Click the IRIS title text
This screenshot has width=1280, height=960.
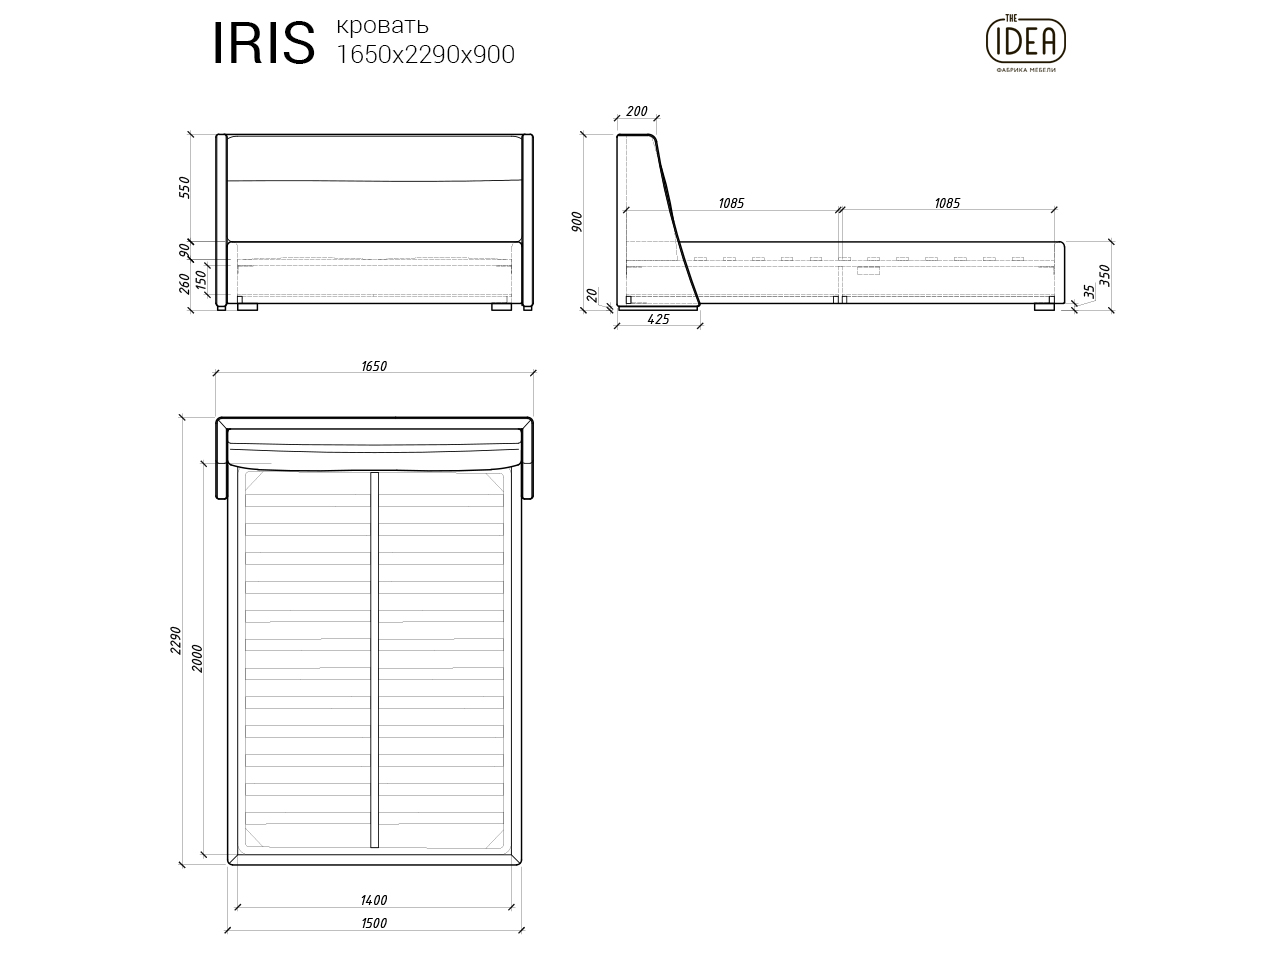[x=263, y=43]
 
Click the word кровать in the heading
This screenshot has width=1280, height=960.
[x=383, y=25]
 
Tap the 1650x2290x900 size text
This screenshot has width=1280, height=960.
[x=426, y=55]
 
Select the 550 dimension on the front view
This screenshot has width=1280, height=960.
[x=184, y=188]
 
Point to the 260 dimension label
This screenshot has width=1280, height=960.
[x=184, y=285]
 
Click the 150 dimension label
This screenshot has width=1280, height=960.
[x=201, y=280]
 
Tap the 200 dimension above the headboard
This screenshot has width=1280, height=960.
[x=636, y=112]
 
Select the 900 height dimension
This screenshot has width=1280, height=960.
[x=578, y=222]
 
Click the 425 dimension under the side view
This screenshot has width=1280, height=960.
[x=658, y=320]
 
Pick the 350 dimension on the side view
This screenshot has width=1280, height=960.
[x=1104, y=276]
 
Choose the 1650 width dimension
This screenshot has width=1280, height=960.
[x=373, y=366]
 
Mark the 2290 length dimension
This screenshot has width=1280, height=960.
[x=176, y=640]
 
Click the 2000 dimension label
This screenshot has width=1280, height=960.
[x=198, y=658]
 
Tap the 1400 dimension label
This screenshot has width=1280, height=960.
[x=373, y=900]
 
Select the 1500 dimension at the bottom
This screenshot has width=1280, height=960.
[x=373, y=923]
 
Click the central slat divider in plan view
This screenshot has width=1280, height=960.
[x=374, y=660]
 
